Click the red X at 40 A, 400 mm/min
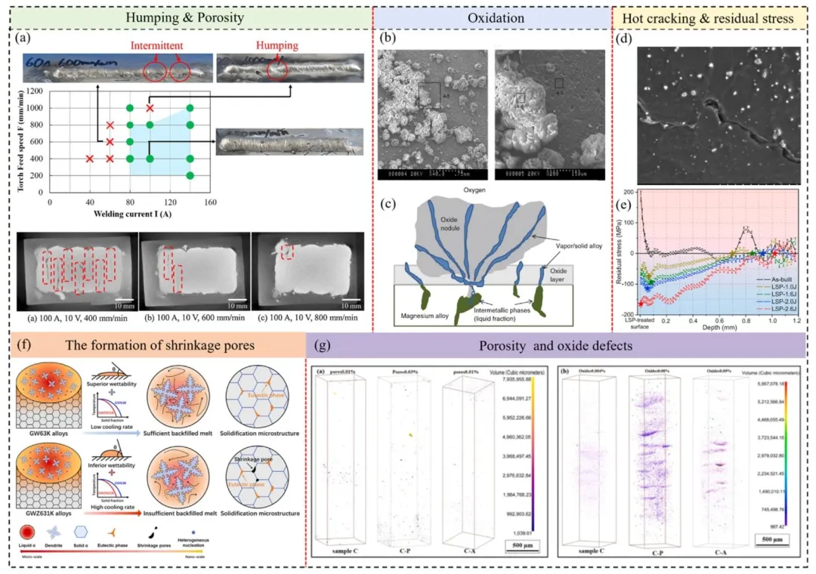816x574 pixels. click(x=90, y=159)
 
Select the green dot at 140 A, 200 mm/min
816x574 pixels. click(x=190, y=175)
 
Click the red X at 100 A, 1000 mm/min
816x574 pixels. click(x=150, y=108)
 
